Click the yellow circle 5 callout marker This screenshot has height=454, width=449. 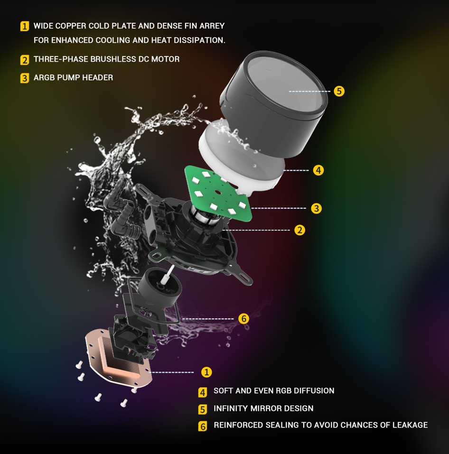click(x=339, y=91)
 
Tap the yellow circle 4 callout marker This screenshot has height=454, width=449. click(x=318, y=170)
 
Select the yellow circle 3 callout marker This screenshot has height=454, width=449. click(x=316, y=208)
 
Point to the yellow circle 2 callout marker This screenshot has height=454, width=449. click(x=299, y=230)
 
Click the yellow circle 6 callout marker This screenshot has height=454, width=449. click(x=243, y=319)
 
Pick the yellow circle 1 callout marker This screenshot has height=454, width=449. click(x=206, y=372)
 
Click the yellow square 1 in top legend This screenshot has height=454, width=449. click(x=25, y=27)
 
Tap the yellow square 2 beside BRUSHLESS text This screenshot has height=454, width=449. click(x=25, y=60)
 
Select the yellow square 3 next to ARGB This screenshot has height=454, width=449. click(x=25, y=78)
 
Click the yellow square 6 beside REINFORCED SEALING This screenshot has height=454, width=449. click(x=203, y=426)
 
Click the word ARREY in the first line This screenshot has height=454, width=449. click(x=211, y=26)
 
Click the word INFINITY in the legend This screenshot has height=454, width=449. click(x=230, y=408)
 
